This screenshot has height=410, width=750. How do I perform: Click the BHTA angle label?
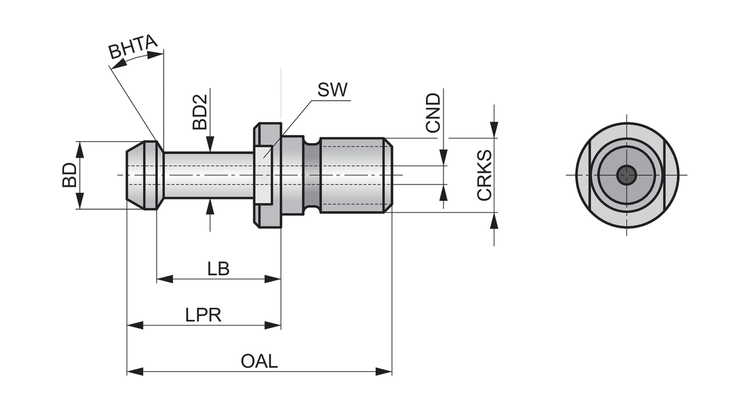pyautogui.click(x=133, y=48)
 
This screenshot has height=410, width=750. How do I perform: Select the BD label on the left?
pyautogui.click(x=70, y=175)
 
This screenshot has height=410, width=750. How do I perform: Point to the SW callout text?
pyautogui.click(x=332, y=90)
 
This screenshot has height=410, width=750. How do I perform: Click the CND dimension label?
pyautogui.click(x=434, y=112)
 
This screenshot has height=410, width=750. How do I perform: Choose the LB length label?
pyautogui.click(x=218, y=269)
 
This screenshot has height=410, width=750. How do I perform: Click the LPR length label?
pyautogui.click(x=203, y=315)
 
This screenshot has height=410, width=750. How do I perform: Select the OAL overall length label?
pyautogui.click(x=259, y=361)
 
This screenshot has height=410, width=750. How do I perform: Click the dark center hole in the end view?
pyautogui.click(x=627, y=175)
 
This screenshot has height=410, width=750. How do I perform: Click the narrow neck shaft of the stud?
pyautogui.click(x=208, y=175)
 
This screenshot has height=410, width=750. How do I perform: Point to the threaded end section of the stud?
pyautogui.click(x=355, y=175)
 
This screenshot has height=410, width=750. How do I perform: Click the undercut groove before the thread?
pyautogui.click(x=312, y=175)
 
